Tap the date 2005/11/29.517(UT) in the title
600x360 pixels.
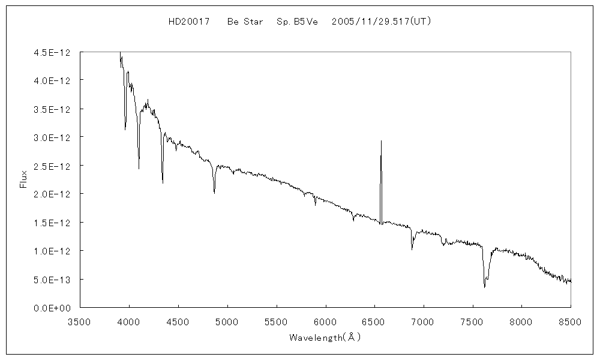(382, 22)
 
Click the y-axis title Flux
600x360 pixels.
(24, 179)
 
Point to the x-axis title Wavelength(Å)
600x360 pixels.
(325, 337)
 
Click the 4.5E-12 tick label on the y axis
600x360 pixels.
(53, 53)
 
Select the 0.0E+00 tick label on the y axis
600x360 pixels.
(53, 308)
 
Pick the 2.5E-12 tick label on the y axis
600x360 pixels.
(53, 166)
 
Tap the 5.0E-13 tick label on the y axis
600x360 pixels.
(53, 280)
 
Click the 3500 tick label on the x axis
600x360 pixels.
(80, 320)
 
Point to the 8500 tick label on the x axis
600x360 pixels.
(570, 320)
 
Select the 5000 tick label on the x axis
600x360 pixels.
(227, 320)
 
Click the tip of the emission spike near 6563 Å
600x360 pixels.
(381, 141)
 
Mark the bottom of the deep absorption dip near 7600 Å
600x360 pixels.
(484, 287)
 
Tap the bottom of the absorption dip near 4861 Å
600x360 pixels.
(214, 193)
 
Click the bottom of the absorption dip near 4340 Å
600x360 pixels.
(163, 183)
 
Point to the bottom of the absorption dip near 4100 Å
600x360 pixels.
(139, 169)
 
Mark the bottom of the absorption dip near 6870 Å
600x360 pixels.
(412, 249)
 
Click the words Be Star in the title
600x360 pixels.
(245, 22)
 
